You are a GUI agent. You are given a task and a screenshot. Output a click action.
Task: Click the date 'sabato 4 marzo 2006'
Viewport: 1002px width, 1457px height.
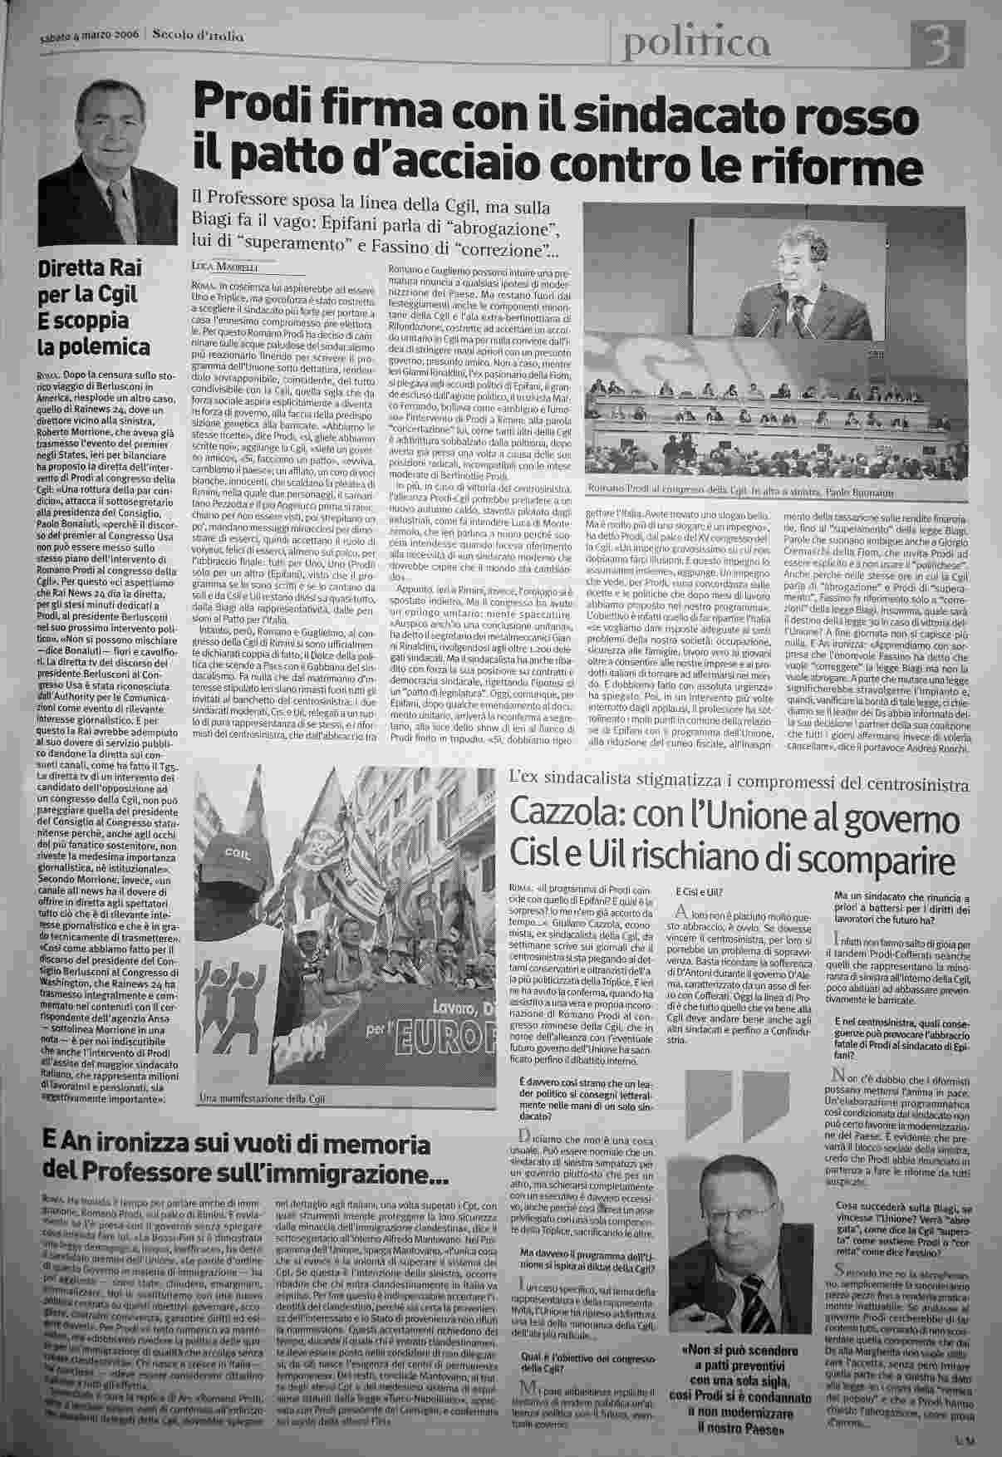pyautogui.click(x=90, y=35)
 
